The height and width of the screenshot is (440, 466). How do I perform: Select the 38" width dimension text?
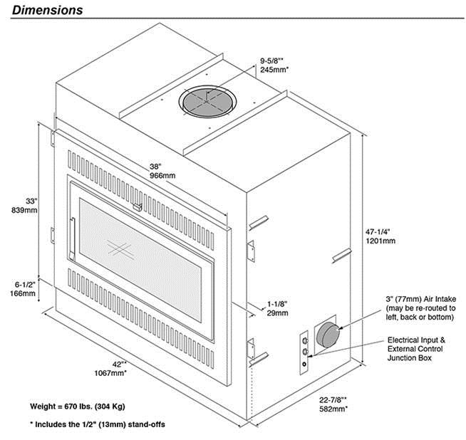[157, 165]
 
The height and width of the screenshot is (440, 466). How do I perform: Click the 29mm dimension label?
[277, 313]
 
